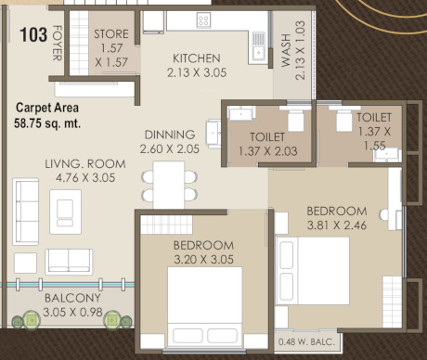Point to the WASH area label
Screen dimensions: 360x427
[x=286, y=56]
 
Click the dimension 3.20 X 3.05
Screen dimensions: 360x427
[x=202, y=259]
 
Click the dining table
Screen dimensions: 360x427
[x=169, y=185]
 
